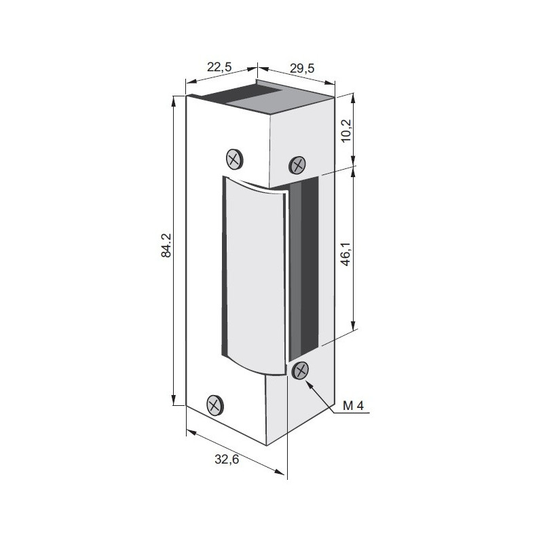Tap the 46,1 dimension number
[x=345, y=250]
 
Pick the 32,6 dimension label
[x=227, y=460]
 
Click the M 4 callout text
[x=354, y=406]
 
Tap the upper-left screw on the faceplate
[x=234, y=160]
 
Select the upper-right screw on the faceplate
[x=298, y=164]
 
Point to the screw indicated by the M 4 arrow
[x=300, y=370]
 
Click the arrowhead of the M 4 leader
[x=310, y=382]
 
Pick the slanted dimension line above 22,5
[x=221, y=78]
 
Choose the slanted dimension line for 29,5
[x=297, y=76]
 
